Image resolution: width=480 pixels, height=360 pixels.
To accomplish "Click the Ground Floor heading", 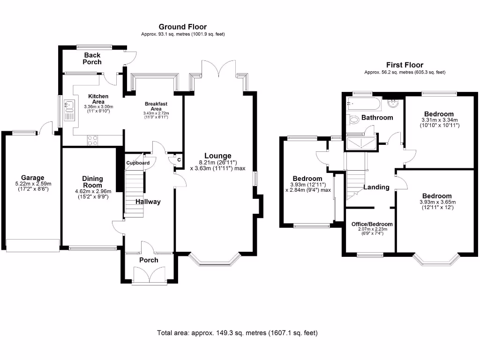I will (x=182, y=27).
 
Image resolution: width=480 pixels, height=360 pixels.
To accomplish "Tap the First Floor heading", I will (x=405, y=65).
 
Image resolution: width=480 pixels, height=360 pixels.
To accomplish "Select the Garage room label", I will (x=32, y=178).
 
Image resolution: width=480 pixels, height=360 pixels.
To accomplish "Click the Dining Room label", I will (x=92, y=181).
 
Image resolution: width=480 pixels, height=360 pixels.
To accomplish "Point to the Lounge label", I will (x=217, y=156).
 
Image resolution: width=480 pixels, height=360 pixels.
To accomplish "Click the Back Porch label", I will (x=92, y=59).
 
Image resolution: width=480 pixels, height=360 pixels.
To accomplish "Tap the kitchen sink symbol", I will (x=69, y=109).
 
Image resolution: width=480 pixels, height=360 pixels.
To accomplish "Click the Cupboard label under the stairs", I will (x=138, y=163).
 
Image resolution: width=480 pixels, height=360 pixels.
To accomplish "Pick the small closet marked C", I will (x=179, y=160).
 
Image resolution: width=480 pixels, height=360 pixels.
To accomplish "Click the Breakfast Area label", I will (x=156, y=106).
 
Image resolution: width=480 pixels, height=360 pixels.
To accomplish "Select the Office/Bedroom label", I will (x=372, y=224).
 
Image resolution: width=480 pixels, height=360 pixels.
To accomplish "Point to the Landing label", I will (x=377, y=187).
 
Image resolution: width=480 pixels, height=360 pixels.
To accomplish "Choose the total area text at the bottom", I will (x=237, y=333).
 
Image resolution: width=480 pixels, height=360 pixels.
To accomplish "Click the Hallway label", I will (x=148, y=202).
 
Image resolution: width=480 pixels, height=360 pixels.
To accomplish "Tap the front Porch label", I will (x=149, y=260).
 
